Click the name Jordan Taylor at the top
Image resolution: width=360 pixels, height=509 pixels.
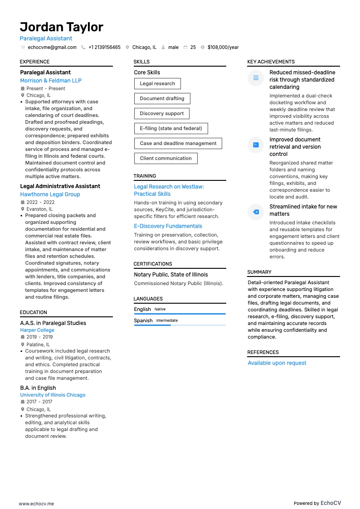[x=61, y=27]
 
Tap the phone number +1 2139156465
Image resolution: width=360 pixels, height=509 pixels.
[x=104, y=47]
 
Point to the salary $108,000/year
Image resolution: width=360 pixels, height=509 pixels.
[x=223, y=47]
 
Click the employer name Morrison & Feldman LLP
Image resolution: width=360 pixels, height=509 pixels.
[x=51, y=81]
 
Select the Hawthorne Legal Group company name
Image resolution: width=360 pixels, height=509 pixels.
[x=50, y=194]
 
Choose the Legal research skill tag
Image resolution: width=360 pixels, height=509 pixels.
[x=157, y=83]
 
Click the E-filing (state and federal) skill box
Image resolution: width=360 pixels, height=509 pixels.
[x=171, y=128]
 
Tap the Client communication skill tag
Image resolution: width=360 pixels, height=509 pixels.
[x=165, y=158]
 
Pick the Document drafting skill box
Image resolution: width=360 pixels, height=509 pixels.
[x=162, y=98]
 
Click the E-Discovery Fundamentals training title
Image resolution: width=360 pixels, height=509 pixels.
[x=168, y=226]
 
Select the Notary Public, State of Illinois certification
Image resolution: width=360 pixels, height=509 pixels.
[x=170, y=275]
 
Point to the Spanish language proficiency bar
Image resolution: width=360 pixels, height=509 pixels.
[x=180, y=325]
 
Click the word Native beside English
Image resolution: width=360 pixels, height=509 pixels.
[x=160, y=309]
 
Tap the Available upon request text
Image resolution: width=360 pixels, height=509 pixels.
[x=277, y=363]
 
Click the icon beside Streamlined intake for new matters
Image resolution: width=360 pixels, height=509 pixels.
[x=256, y=212]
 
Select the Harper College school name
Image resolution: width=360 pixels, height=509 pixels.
[x=37, y=330]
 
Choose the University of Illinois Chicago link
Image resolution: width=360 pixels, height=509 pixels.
[x=53, y=395]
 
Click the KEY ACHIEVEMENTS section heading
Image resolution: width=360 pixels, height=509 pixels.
[x=271, y=62]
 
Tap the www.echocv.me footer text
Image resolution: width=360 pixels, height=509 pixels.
[x=36, y=504]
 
